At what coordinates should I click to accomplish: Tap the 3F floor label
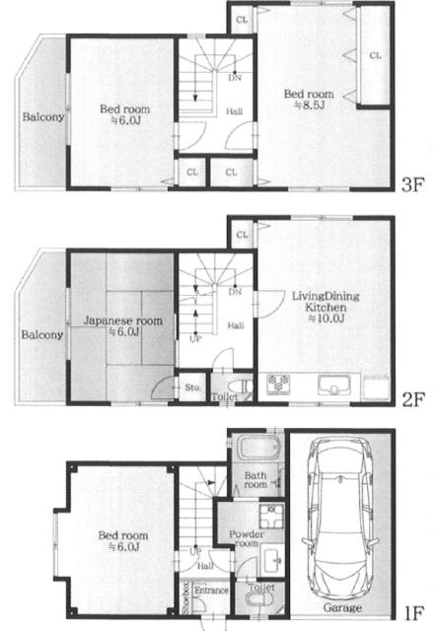point(413,184)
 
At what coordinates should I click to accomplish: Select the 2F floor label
point(413,399)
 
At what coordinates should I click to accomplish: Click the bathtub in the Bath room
point(258,448)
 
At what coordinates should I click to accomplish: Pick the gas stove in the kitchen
point(278,384)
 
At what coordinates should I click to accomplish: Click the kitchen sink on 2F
point(333,386)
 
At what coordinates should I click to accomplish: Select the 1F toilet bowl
point(257,600)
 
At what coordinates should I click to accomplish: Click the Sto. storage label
point(192,387)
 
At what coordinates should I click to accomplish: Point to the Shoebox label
point(186,598)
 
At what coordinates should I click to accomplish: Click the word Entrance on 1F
point(211,590)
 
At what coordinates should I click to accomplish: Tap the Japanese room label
point(122,320)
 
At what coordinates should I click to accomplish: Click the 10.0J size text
point(327,318)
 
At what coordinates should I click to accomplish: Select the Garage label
point(342,607)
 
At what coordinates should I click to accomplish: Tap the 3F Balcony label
point(42,116)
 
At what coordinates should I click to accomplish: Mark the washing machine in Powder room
point(271,516)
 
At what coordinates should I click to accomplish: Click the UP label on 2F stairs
point(195,339)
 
